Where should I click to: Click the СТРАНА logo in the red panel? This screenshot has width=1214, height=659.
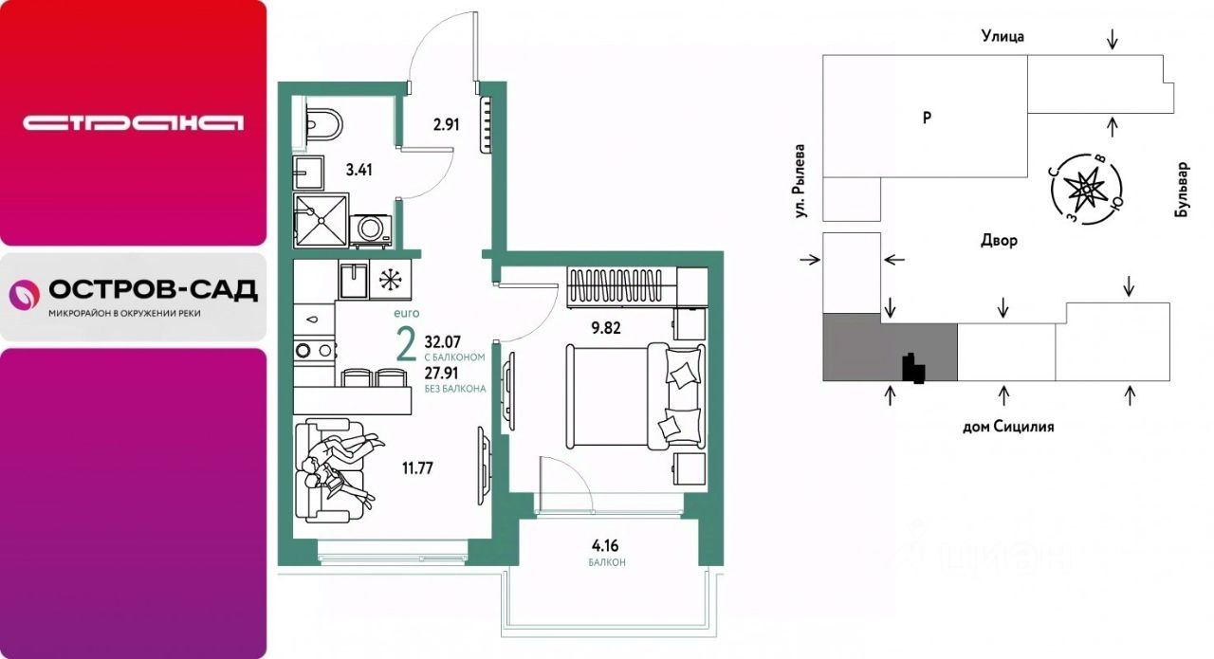click(134, 123)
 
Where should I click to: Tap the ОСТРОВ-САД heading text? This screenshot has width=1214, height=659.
click(154, 290)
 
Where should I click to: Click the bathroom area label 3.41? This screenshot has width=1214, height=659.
click(359, 170)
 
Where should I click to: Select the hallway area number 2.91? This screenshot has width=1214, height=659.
click(446, 125)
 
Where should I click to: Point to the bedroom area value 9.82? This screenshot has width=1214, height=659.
click(606, 328)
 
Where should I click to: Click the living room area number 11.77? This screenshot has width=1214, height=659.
click(417, 467)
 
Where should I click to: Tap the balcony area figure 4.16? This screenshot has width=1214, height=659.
click(605, 545)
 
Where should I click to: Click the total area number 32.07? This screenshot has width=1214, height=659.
click(443, 342)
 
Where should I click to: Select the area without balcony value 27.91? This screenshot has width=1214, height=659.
click(441, 374)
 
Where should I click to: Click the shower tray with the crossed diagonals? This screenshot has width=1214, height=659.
click(322, 221)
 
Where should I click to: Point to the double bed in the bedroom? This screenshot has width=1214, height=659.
click(635, 396)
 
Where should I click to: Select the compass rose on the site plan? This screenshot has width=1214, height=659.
click(1086, 189)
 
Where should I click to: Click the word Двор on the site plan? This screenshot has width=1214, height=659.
click(999, 240)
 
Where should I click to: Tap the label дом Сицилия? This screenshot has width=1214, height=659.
click(1008, 427)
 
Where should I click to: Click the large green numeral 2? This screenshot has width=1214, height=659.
click(407, 344)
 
